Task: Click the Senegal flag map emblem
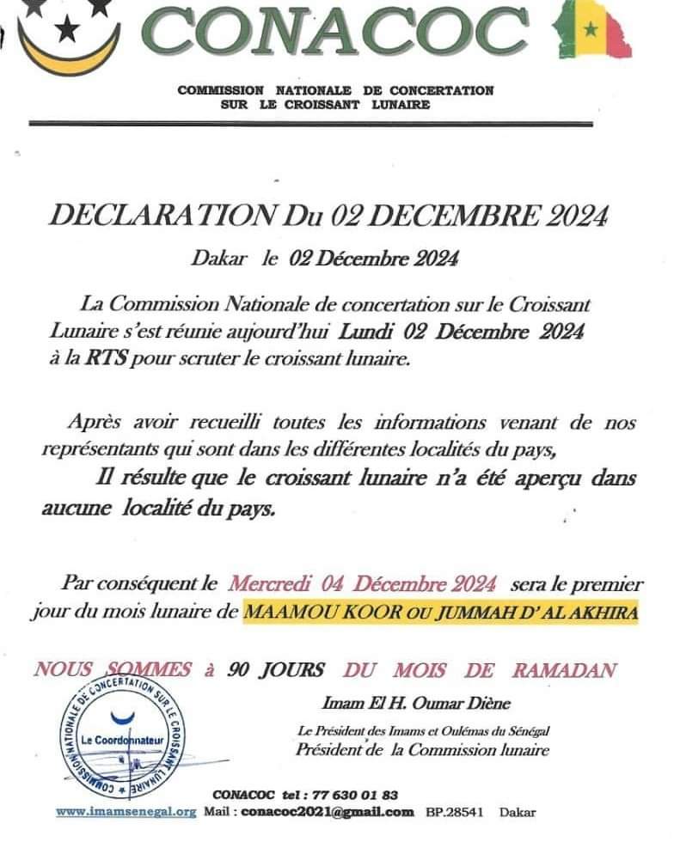[x=594, y=30]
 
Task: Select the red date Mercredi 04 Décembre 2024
[x=362, y=584]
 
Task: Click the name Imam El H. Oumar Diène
[x=416, y=704]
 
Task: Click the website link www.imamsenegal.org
[x=126, y=811]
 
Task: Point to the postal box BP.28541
[x=456, y=811]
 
